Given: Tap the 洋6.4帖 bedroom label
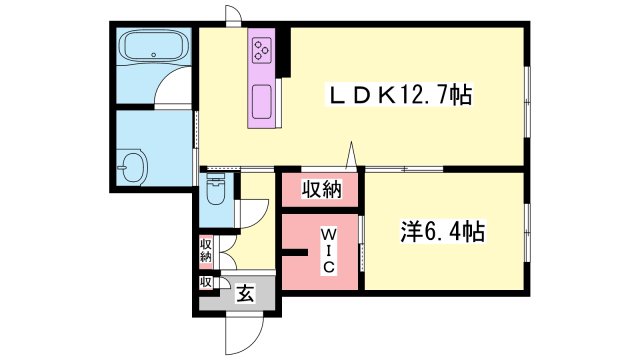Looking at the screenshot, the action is pos(442,232).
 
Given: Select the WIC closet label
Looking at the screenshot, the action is pos(328,251).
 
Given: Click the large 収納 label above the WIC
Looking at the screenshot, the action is pos(321,189).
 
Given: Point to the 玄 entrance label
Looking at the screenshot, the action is pos(246,293).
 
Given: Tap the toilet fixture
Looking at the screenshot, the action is pos(216,189).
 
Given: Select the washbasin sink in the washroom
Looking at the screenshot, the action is pos(131,167).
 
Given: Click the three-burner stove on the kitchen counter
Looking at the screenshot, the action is pos(262,50).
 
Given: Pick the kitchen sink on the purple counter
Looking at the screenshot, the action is pos(262,102).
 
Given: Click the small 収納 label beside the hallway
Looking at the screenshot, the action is pos(206,251).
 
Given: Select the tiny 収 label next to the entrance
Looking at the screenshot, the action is pos(205,282).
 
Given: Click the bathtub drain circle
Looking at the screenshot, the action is pos(154,55).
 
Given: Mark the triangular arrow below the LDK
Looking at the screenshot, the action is pos(351,155).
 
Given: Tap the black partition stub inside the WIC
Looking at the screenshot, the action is pos(295,252).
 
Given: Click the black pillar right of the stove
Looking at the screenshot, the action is pos(284,52).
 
